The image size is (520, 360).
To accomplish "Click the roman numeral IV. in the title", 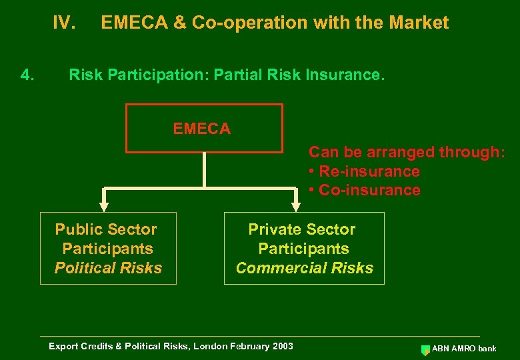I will click(x=64, y=23).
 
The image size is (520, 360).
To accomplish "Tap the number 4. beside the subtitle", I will click(x=27, y=75).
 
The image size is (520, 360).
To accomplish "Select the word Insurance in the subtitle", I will click(x=349, y=75).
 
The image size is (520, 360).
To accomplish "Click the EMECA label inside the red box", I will click(x=202, y=129).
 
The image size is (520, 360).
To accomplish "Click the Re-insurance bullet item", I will click(x=365, y=171).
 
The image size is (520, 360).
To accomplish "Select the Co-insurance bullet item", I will click(x=365, y=190).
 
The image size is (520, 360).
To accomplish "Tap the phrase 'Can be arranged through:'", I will click(x=407, y=153).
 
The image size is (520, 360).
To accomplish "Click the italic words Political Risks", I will click(x=108, y=268).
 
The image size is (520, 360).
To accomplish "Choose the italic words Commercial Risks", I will click(x=305, y=268).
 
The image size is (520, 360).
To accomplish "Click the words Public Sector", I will click(x=106, y=230).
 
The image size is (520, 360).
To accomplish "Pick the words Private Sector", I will click(x=302, y=230).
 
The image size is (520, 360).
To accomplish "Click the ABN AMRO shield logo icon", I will click(x=426, y=349).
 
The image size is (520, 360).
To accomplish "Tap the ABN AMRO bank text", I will click(x=464, y=349).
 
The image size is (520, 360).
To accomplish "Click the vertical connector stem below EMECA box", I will click(x=204, y=169).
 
